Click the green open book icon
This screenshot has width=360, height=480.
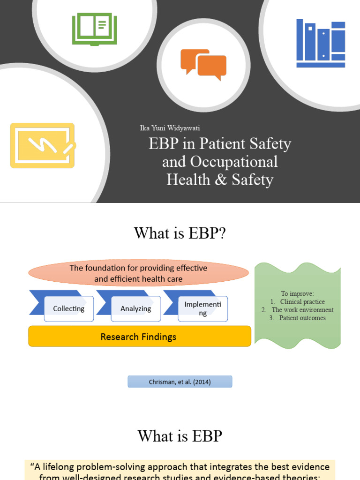94,29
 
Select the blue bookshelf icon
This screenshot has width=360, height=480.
321,43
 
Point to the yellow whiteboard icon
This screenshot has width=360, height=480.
42,145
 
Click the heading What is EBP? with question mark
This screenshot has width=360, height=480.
180,233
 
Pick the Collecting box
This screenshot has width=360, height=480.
68,309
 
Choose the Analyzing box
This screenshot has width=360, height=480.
135,309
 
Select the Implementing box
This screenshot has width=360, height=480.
202,309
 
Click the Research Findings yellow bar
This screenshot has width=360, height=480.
139,337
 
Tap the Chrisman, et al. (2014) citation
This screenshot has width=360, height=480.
180,382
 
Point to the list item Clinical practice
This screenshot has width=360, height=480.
302,302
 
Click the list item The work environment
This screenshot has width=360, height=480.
302,310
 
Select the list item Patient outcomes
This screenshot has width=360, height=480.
302,318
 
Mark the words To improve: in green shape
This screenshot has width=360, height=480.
298,294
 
